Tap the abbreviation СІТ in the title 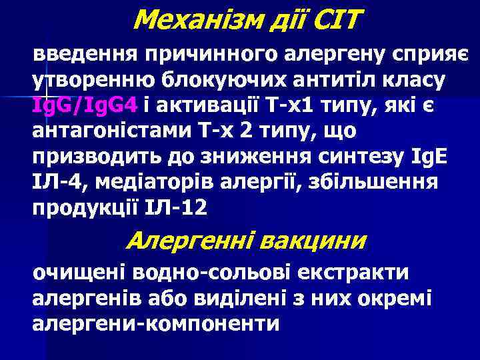pyautogui.click(x=331, y=21)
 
